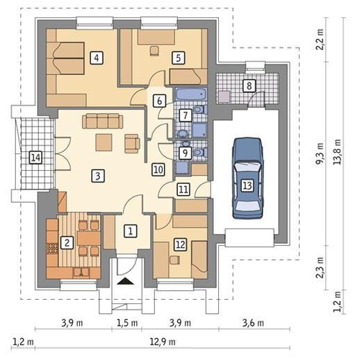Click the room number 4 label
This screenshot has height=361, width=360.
[97, 58]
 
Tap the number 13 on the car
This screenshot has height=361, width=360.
[247, 185]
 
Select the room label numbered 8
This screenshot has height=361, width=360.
[249, 86]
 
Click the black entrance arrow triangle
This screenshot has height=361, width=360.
[125, 281]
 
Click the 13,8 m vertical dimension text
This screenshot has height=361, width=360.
[337, 152]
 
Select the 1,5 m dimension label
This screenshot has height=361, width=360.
[127, 323]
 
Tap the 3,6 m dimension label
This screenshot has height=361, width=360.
[253, 323]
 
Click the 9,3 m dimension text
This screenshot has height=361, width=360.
[320, 153]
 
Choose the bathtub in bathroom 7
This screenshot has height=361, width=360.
[191, 94]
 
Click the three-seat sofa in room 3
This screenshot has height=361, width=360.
[102, 121]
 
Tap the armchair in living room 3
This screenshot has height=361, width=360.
[132, 144]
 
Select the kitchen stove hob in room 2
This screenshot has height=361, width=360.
[53, 249]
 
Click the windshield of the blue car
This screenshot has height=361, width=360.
[248, 167]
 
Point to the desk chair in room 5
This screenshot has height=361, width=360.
[154, 51]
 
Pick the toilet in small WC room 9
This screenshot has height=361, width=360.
[200, 152]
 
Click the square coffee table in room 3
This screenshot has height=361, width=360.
[104, 142]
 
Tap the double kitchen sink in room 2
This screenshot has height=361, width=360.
[81, 272]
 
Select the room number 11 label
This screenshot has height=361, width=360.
[183, 190]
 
